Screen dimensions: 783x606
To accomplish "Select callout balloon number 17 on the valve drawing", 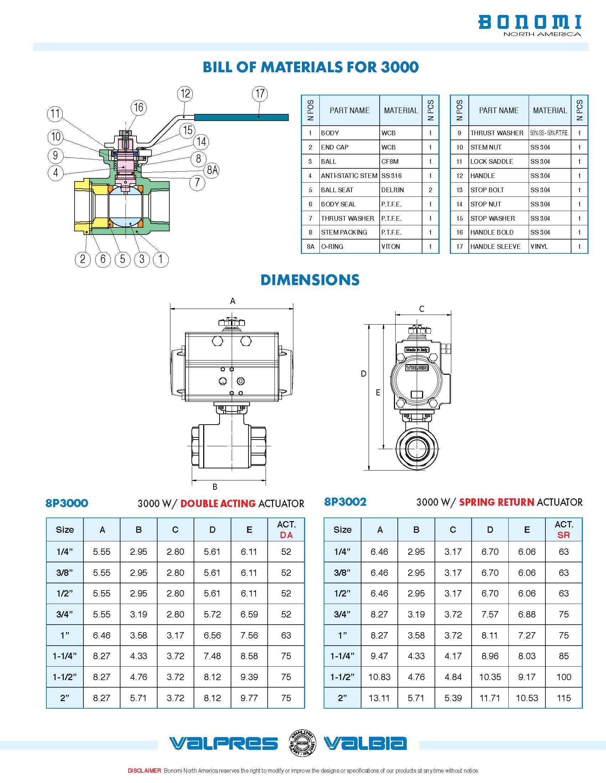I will point(260,94).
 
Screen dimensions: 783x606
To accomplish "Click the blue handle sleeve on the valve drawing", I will point(241,117).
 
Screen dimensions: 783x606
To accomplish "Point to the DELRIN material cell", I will point(392,190).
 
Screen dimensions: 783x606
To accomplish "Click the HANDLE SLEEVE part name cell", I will point(495,247).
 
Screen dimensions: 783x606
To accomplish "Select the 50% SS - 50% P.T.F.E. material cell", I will point(549,133).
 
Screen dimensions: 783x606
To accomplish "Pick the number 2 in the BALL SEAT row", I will point(430,190).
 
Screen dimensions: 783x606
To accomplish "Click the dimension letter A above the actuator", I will point(233,301).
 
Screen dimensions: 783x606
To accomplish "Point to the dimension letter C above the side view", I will point(422,309).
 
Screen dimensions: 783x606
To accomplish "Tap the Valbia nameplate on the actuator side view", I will point(416,368).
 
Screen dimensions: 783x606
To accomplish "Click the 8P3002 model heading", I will point(345,501).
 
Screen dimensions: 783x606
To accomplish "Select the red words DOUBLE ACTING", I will point(218,503).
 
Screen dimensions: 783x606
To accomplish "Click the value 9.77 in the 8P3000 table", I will point(249,698).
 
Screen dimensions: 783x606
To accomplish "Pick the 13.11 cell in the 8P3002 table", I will point(379,698).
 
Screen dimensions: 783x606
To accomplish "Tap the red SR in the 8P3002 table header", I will point(564,535).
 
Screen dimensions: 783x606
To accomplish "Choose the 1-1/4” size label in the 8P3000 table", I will point(65,656).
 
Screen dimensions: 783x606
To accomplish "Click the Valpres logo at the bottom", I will point(223,743).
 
